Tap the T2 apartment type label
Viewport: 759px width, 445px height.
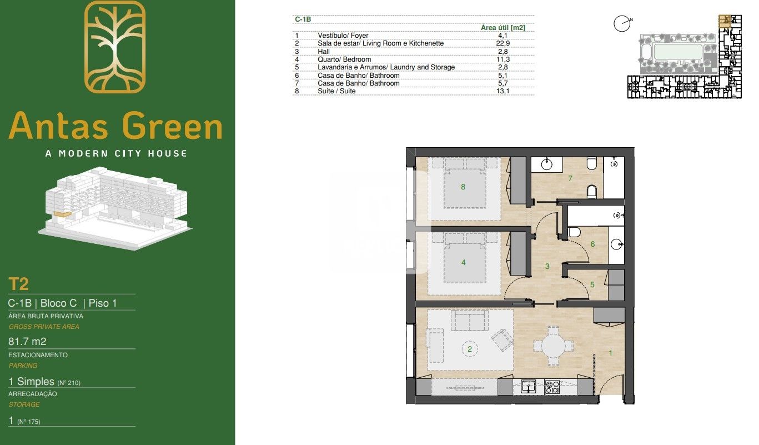18,284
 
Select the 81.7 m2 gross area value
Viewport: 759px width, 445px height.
28,341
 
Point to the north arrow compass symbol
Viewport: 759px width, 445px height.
622,24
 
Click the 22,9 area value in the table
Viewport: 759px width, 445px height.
502,43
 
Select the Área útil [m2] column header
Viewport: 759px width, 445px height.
503,27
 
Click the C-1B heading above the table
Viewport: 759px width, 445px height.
303,19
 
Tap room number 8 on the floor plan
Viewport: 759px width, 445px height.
463,187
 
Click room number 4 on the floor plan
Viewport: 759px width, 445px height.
463,263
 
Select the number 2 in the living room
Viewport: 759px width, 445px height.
470,349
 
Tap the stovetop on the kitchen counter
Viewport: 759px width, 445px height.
552,387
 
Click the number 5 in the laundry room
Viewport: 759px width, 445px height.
592,285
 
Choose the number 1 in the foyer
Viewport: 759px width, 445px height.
611,353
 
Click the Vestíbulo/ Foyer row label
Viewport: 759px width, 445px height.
343,36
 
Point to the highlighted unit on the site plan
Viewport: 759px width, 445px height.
725,21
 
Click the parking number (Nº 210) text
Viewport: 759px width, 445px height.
69,383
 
